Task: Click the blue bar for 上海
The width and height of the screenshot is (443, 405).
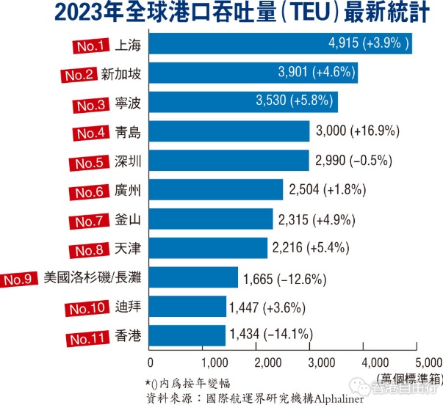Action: tap(279, 44)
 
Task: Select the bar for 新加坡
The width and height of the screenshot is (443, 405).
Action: tap(253, 73)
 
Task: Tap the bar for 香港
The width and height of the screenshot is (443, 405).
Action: tap(187, 335)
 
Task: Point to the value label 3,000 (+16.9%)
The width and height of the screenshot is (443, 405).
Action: tap(356, 131)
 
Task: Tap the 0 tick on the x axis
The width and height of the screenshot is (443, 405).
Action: tap(151, 362)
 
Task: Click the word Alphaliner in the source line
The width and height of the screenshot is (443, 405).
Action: tap(339, 397)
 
